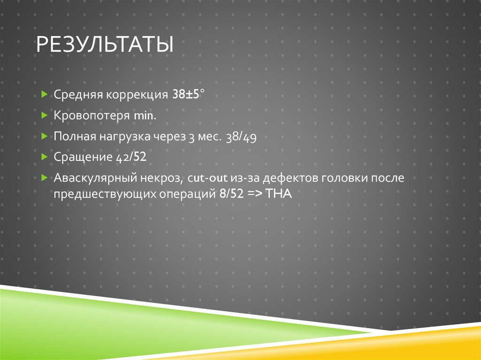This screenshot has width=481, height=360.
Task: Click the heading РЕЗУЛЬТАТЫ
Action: (x=105, y=46)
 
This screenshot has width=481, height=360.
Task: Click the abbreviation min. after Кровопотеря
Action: (x=145, y=115)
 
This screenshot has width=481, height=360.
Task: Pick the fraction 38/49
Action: (x=240, y=137)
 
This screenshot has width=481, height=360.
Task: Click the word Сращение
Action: (x=83, y=158)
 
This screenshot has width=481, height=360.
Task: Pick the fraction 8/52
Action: (x=231, y=195)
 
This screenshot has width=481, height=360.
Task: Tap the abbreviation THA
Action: (x=279, y=195)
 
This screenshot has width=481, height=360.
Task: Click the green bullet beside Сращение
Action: (x=44, y=157)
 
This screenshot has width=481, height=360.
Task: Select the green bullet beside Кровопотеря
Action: (x=44, y=115)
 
